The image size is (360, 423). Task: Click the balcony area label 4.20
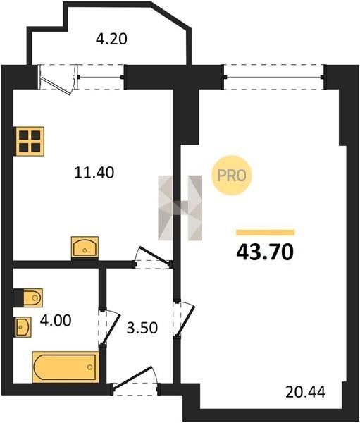tap(111, 39)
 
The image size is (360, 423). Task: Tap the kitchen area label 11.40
tap(94, 173)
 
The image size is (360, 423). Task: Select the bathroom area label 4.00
tap(56, 321)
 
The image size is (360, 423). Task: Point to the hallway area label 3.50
tap(142, 328)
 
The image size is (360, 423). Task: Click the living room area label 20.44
tap(306, 392)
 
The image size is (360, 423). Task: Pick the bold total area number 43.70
tap(265, 252)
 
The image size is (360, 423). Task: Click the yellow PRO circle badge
tap(231, 176)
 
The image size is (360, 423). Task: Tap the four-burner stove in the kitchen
tap(30, 142)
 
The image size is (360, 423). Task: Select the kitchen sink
tap(85, 247)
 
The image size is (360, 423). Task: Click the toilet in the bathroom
tap(32, 298)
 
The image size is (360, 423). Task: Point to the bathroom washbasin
tap(23, 326)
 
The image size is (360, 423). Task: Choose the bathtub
tap(66, 367)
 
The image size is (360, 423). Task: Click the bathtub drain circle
tap(89, 367)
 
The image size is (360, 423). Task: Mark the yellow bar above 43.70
tap(266, 233)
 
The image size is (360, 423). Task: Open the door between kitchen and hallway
tap(153, 258)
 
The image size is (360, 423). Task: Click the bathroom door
tap(109, 327)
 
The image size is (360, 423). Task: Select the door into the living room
tap(184, 319)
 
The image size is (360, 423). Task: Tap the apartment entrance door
tap(135, 381)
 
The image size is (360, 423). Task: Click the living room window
tap(274, 77)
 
